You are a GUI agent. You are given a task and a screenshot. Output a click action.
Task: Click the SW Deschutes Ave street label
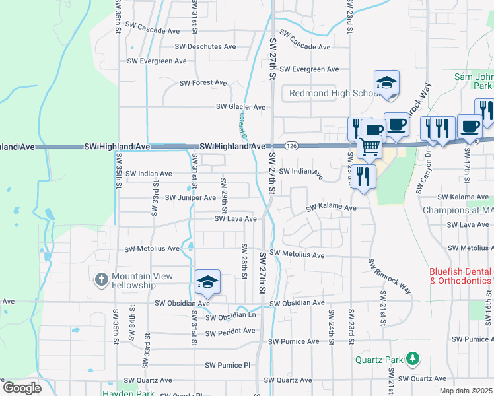tap(205, 46)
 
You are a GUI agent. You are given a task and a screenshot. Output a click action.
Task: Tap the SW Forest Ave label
tap(203, 83)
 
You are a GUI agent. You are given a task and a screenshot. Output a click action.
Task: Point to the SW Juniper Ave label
tap(190, 197)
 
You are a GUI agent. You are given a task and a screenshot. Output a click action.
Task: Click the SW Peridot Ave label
tap(230, 331)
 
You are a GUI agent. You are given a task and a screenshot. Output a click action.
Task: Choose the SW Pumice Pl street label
tap(228, 365)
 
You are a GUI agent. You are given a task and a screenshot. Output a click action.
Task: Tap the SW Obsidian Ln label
tap(230, 317)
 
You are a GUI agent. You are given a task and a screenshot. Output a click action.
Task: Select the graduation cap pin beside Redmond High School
tap(386, 83)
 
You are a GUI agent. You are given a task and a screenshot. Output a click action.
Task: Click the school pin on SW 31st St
tap(207, 282)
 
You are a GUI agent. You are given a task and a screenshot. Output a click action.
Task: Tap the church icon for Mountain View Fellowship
tap(101, 280)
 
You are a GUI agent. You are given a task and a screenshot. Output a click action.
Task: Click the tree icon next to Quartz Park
tap(413, 358)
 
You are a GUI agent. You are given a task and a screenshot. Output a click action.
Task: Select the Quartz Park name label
tap(378, 360)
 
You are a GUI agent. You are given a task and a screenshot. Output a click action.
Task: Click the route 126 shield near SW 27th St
tap(291, 145)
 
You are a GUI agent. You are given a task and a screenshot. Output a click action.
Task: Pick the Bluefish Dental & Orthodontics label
tap(460, 276)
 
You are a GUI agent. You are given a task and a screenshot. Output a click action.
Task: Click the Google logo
tap(21, 388)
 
